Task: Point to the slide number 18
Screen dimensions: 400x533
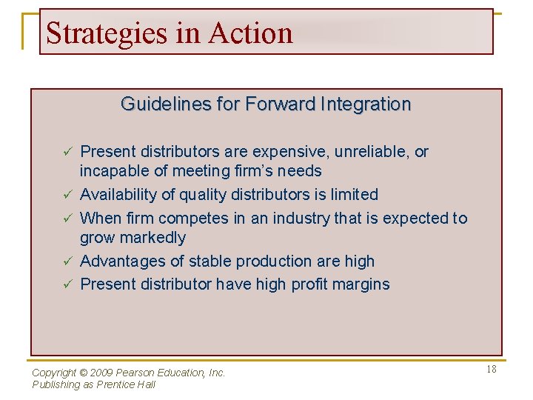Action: pos(492,369)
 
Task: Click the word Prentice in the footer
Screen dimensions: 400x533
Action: pos(114,384)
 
